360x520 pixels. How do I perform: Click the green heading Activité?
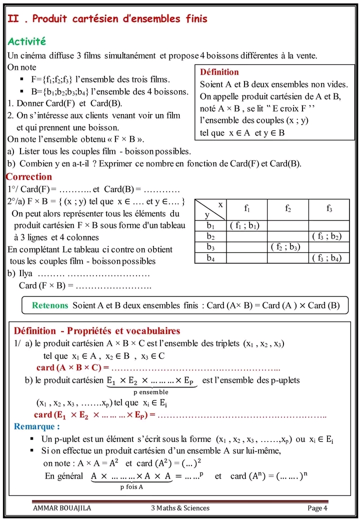tap(27, 41)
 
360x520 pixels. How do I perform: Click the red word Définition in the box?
tap(219, 72)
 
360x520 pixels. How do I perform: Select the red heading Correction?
tap(29, 176)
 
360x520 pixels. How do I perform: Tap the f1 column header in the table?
tap(247, 209)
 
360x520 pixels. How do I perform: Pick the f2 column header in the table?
tap(288, 209)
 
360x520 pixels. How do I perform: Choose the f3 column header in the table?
tap(329, 209)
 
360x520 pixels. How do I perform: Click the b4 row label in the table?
tap(210, 258)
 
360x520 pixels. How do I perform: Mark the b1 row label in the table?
tap(210, 225)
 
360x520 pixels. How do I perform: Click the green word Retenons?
tap(50, 305)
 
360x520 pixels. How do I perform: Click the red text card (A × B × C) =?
tap(72, 368)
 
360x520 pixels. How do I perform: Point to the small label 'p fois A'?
tap(131, 486)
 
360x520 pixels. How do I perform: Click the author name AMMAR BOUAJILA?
tap(62, 508)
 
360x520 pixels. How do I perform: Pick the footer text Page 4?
tap(317, 508)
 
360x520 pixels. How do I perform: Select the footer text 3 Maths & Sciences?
tap(180, 508)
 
